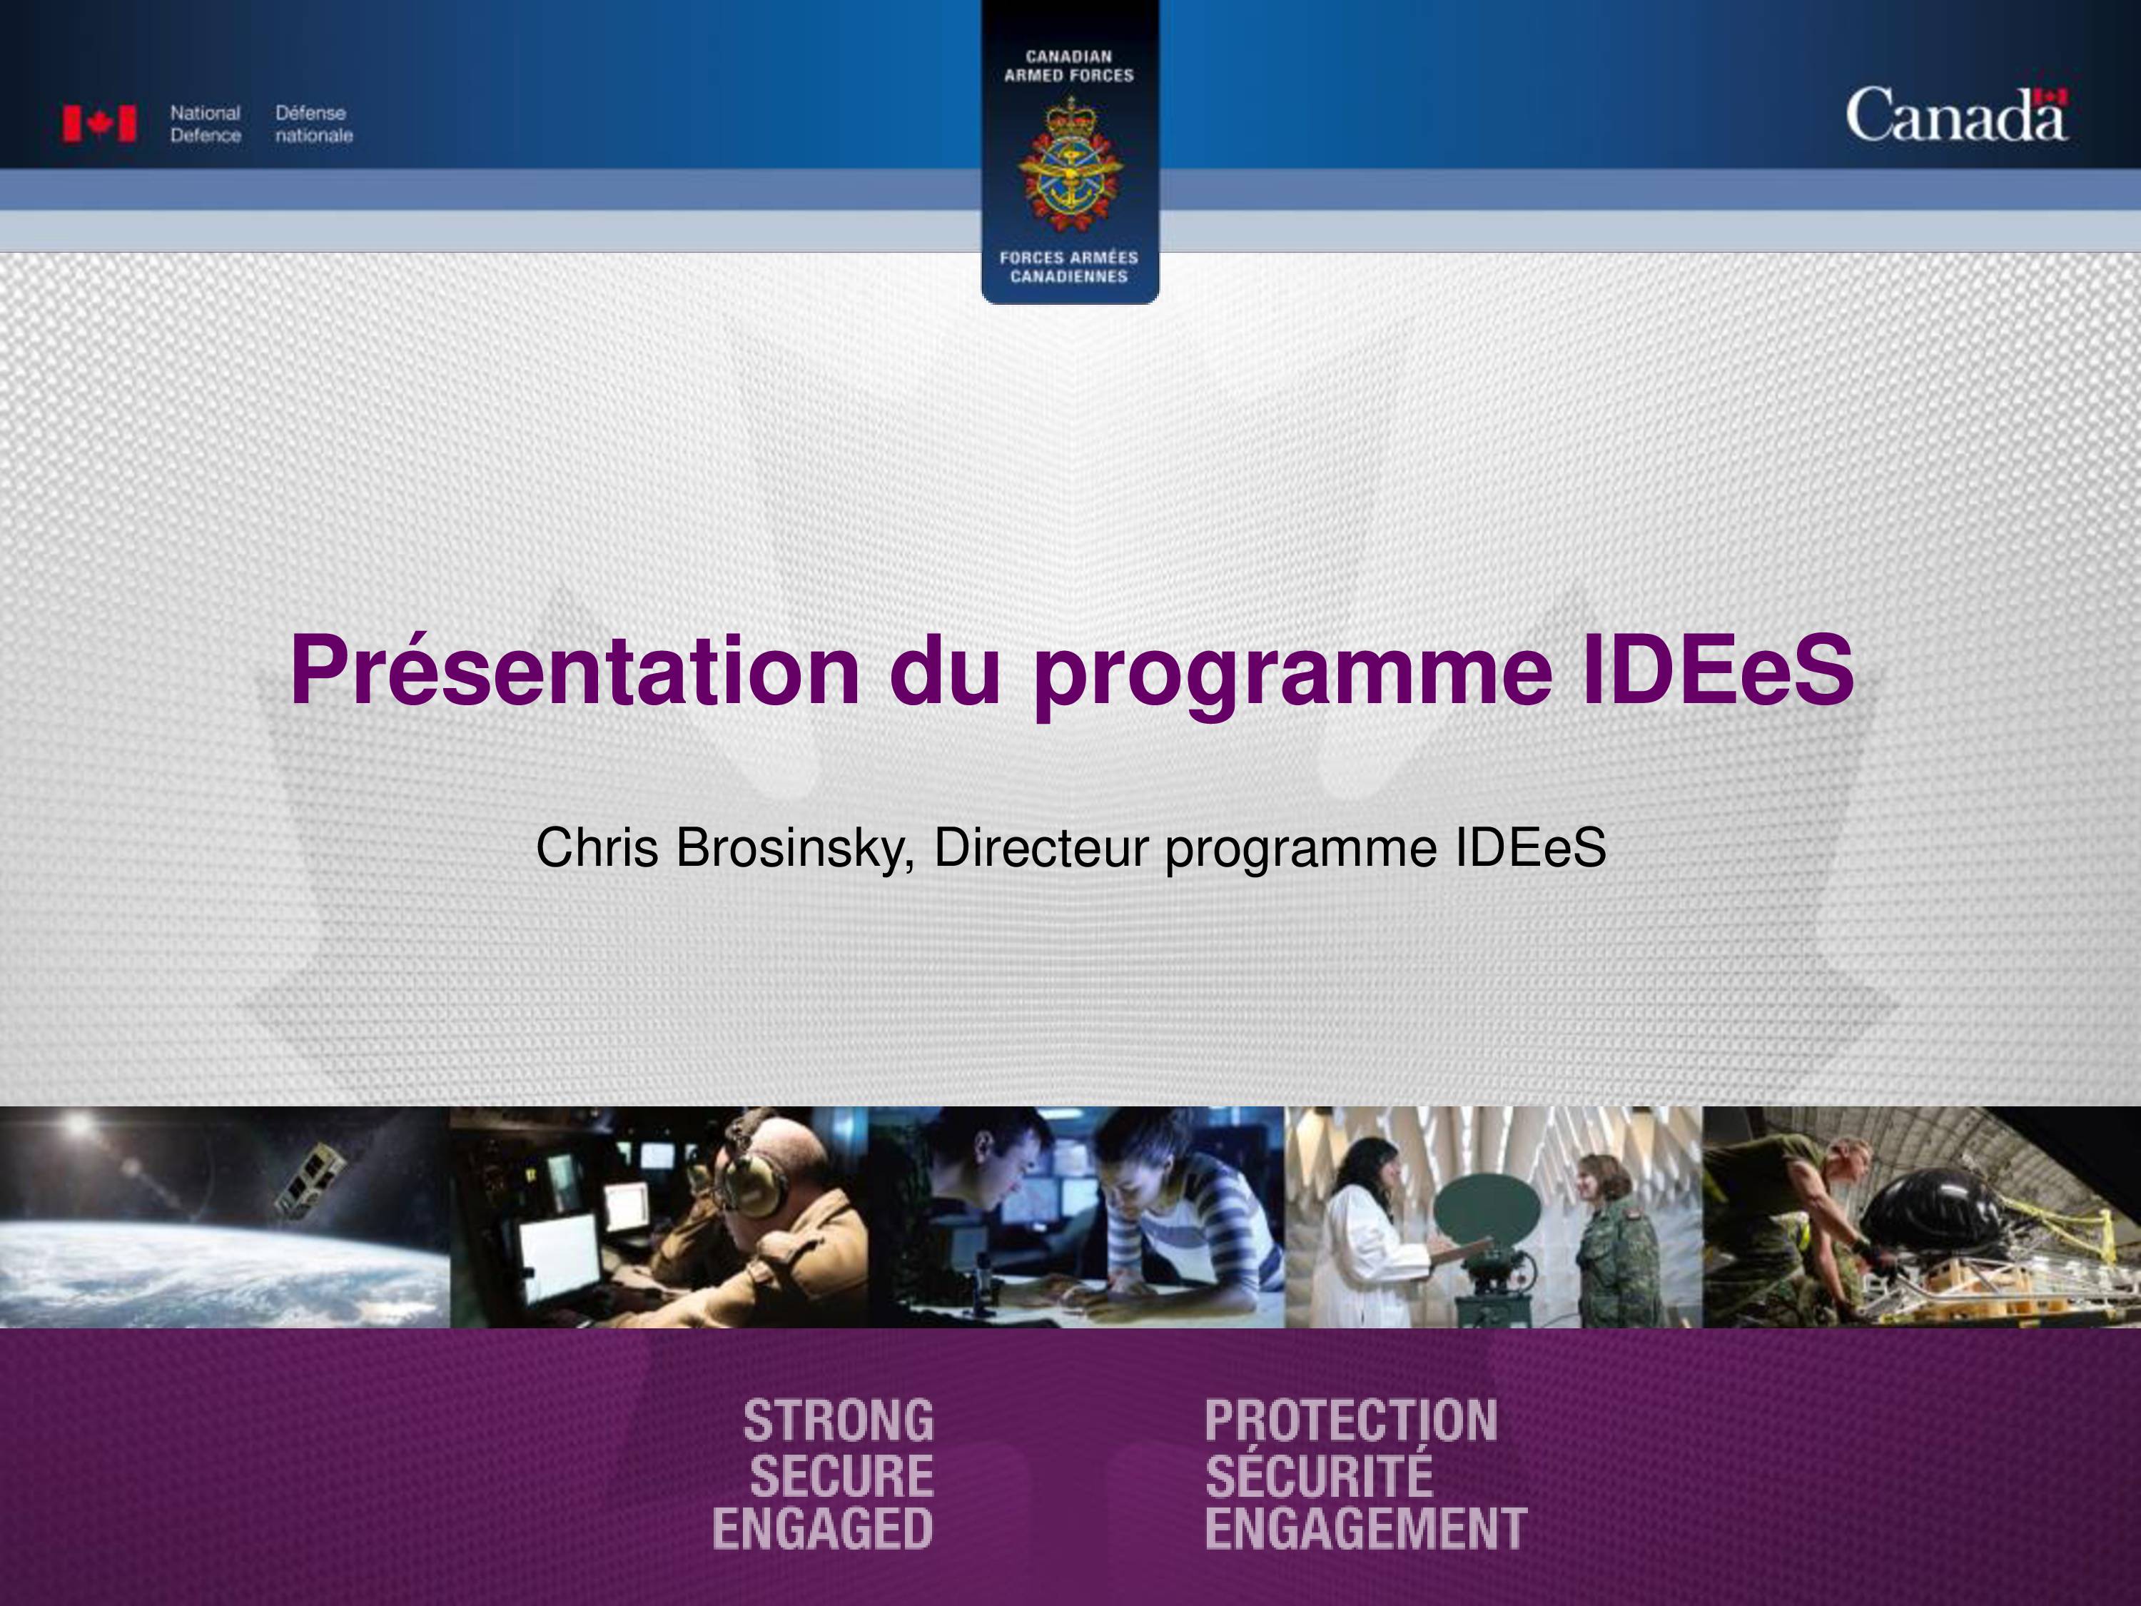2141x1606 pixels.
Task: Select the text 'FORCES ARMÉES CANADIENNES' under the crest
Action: [x=1070, y=267]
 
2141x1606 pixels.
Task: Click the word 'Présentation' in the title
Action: [x=575, y=671]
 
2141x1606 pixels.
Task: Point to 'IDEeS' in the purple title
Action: [x=1716, y=670]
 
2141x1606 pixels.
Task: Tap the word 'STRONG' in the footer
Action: [x=839, y=1421]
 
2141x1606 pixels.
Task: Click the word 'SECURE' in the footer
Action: [x=841, y=1476]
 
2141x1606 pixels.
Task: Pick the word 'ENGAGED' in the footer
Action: [x=823, y=1530]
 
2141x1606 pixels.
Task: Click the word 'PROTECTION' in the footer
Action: [x=1351, y=1421]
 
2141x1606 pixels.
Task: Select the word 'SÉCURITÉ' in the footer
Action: [x=1320, y=1473]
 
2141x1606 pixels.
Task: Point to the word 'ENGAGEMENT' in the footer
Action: [x=1366, y=1530]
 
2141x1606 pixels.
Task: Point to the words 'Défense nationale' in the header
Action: [x=313, y=124]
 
